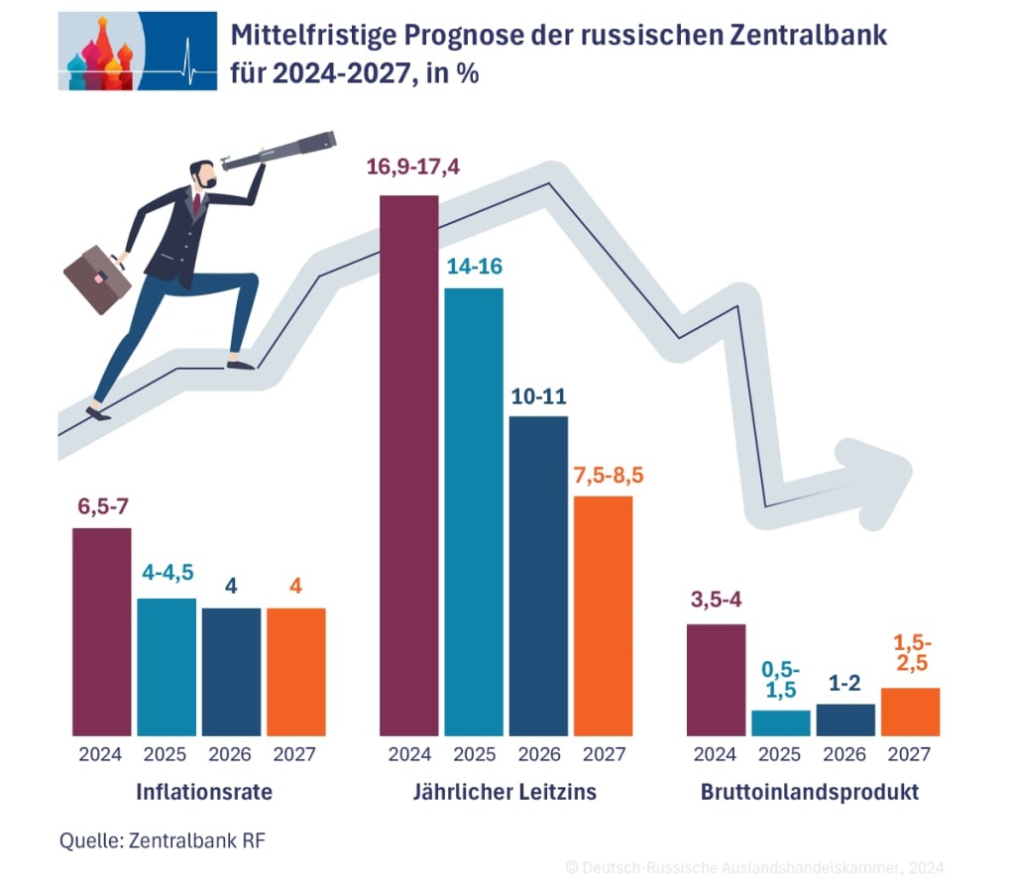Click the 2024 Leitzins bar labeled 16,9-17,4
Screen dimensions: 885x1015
(409, 466)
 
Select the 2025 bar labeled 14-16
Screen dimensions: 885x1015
(474, 510)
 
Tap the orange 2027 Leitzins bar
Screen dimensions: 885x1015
(603, 614)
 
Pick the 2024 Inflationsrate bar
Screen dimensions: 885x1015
(102, 631)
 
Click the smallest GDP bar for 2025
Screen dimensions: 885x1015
(780, 722)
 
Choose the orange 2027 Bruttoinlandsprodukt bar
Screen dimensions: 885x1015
(910, 712)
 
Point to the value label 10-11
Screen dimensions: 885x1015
(538, 397)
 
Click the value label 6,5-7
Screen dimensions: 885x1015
(103, 507)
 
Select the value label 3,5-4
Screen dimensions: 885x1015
(716, 600)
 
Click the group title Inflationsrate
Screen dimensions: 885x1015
(204, 793)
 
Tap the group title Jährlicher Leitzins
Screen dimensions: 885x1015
(505, 793)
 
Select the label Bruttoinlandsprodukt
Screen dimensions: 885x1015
(810, 793)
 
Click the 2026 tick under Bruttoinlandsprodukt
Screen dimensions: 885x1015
(845, 755)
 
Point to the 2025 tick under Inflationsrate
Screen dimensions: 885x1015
(165, 755)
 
